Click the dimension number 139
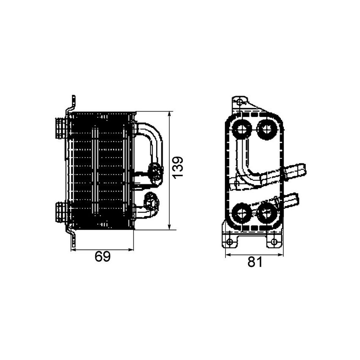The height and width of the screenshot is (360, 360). pos(178,167)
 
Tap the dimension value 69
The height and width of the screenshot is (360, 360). pos(102,257)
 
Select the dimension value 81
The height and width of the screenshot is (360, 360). pos(255,262)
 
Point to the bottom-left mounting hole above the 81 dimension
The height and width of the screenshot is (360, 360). pos(230,242)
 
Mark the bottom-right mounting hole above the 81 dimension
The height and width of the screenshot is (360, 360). pos(274,242)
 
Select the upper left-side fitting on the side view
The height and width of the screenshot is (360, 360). pos(61,127)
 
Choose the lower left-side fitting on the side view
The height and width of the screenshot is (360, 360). pos(61,211)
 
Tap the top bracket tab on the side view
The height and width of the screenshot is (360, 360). pos(73,102)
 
